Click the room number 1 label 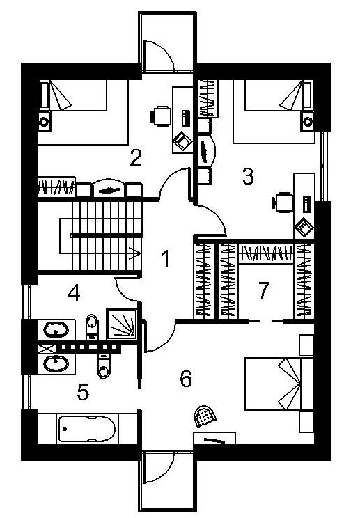coord(166,258)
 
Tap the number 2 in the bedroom coord(136,157)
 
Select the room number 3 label coord(248,176)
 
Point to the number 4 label coord(74,292)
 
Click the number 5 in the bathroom coord(83,392)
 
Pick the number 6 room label coord(186,379)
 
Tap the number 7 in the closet coord(263,290)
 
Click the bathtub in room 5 coord(87,429)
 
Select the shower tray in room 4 coord(122,324)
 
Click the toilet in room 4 coord(92,327)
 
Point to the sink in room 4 coord(56,329)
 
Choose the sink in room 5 coord(56,364)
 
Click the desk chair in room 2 coord(161,116)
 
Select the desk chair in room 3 coord(283,202)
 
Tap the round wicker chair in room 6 coord(205,416)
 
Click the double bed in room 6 coord(279,384)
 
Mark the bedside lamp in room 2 coord(44,122)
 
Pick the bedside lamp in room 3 coord(308,122)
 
